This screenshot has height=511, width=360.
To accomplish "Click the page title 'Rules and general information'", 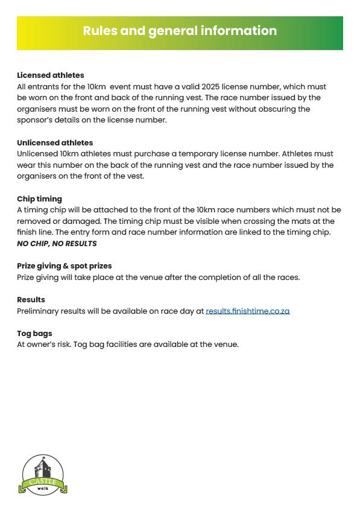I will pos(180,31).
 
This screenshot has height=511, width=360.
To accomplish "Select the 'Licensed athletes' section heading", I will pos(51,75).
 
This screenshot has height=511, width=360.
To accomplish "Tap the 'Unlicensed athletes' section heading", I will pos(55,143).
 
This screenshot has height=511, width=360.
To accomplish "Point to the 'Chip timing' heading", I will pos(39,199).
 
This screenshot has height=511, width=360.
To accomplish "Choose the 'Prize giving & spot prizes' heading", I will pos(65,266).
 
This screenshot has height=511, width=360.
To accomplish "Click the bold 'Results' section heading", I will pos(31,300).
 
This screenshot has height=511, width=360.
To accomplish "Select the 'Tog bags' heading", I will pos(34,334).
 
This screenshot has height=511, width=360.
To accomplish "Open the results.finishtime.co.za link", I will pos(247,311).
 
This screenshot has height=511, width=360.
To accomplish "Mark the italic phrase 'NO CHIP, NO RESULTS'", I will pos(57,244).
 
